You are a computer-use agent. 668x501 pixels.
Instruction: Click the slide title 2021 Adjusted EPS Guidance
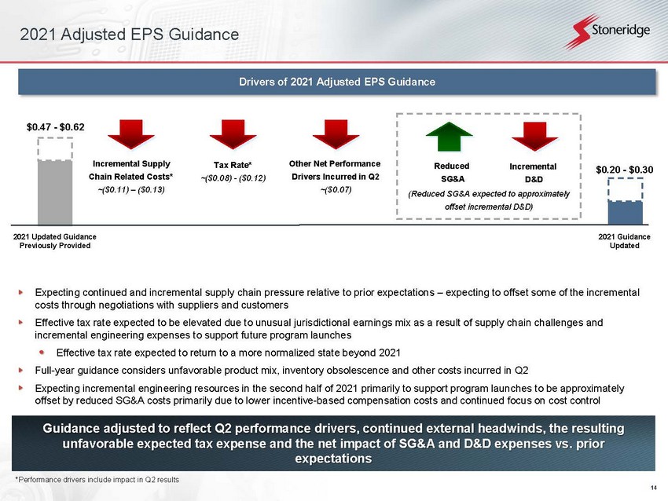129,35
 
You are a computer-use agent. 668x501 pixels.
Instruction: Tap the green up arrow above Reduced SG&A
449,137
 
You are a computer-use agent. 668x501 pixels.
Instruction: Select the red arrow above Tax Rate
233,134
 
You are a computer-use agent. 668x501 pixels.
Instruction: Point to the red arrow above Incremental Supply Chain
131,134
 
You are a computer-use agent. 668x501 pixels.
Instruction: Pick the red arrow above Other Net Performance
336,134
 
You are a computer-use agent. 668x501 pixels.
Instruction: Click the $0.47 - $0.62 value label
55,127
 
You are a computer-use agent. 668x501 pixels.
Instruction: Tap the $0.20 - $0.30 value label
624,170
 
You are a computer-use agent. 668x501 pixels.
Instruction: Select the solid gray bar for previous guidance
55,192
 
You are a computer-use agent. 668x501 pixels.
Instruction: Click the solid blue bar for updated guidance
625,212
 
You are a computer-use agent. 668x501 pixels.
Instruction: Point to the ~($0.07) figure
336,189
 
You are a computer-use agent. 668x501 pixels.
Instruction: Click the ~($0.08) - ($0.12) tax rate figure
233,178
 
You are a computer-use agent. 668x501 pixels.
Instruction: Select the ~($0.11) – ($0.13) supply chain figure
131,189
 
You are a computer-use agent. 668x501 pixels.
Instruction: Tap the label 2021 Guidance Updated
624,241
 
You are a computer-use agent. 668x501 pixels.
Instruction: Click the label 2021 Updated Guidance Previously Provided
55,241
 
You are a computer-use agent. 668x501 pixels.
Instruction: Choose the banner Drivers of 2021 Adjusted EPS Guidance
336,82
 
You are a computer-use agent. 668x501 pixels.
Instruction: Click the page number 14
654,488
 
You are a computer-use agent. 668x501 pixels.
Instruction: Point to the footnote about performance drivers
97,480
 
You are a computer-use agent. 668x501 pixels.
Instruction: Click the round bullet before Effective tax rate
42,352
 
